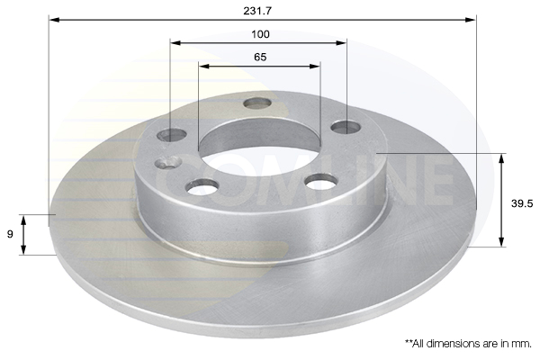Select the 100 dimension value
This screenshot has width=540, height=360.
click(260, 34)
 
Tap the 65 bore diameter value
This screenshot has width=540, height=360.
click(260, 57)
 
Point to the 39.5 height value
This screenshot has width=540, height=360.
click(523, 203)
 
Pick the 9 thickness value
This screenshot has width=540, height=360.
click(10, 234)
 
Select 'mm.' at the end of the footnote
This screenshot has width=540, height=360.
click(522, 343)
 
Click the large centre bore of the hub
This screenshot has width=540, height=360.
click(259, 144)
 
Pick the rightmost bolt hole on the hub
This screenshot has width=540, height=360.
click(346, 127)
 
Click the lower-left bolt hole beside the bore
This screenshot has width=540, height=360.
click(203, 186)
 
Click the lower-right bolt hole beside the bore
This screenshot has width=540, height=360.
click(320, 183)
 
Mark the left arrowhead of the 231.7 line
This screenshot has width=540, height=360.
click(53, 19)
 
